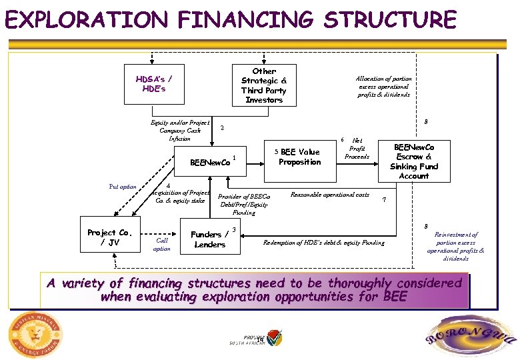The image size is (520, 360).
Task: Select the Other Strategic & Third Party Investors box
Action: [x=264, y=85]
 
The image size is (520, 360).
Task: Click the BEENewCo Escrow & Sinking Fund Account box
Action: [x=414, y=161]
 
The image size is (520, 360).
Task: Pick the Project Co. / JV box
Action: [x=109, y=237]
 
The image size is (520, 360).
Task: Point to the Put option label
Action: [x=123, y=187]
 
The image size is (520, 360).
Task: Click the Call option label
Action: [x=162, y=245]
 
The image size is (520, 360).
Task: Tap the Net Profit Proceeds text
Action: [x=357, y=149]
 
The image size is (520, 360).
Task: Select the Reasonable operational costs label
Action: [x=330, y=195]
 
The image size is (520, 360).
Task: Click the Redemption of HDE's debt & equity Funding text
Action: [x=324, y=243]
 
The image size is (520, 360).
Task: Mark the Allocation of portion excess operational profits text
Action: [x=383, y=87]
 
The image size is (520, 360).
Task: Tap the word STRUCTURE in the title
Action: [x=390, y=20]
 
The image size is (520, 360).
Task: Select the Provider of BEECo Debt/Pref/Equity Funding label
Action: [x=244, y=205]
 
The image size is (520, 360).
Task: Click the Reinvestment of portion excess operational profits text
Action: [x=456, y=247]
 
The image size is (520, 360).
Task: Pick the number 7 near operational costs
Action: [x=383, y=201]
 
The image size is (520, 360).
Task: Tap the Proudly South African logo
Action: [x=263, y=339]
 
